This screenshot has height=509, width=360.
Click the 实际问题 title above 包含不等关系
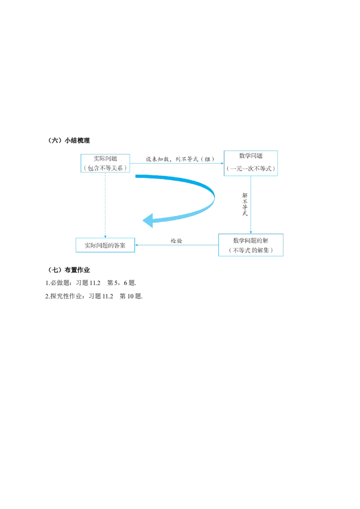pos(105,159)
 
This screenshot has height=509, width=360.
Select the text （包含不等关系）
pos(105,168)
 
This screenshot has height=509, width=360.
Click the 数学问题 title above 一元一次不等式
pos(251,156)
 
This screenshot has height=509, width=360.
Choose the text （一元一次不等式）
pos(251,169)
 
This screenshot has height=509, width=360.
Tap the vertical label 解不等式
pos(245,205)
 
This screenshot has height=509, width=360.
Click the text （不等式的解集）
pos(250,250)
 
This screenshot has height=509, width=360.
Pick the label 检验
pos(176,241)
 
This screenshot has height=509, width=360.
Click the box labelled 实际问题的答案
pos(106,246)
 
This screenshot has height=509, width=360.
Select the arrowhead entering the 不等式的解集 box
pos(250,232)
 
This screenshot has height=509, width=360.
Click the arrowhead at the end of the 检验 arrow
pos(138,246)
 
